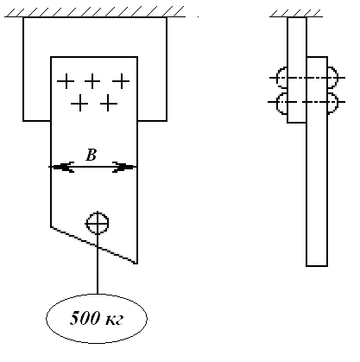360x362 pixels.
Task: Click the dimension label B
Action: [x=91, y=156]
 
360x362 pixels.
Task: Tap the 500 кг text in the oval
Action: [x=97, y=318]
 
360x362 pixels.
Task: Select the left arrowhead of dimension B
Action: [x=63, y=167]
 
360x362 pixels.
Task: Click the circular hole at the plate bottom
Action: [x=98, y=223]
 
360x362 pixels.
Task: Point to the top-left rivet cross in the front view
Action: [x=66, y=81]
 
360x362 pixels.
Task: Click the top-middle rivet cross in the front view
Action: [x=92, y=81]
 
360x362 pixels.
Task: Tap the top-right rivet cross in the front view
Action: [x=121, y=81]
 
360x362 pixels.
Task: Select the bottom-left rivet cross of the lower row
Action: [x=79, y=103]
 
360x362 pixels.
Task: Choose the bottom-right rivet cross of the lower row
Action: [x=109, y=103]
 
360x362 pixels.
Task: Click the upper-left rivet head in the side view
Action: [x=281, y=78]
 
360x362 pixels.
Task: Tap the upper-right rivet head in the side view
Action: [x=332, y=78]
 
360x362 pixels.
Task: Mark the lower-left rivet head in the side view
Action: [x=281, y=103]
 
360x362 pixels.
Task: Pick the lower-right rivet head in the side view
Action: [x=332, y=103]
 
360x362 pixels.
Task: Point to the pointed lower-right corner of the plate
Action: [x=137, y=264]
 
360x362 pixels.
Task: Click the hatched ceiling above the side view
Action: [x=295, y=13]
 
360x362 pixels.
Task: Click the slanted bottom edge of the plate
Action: [x=94, y=245]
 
